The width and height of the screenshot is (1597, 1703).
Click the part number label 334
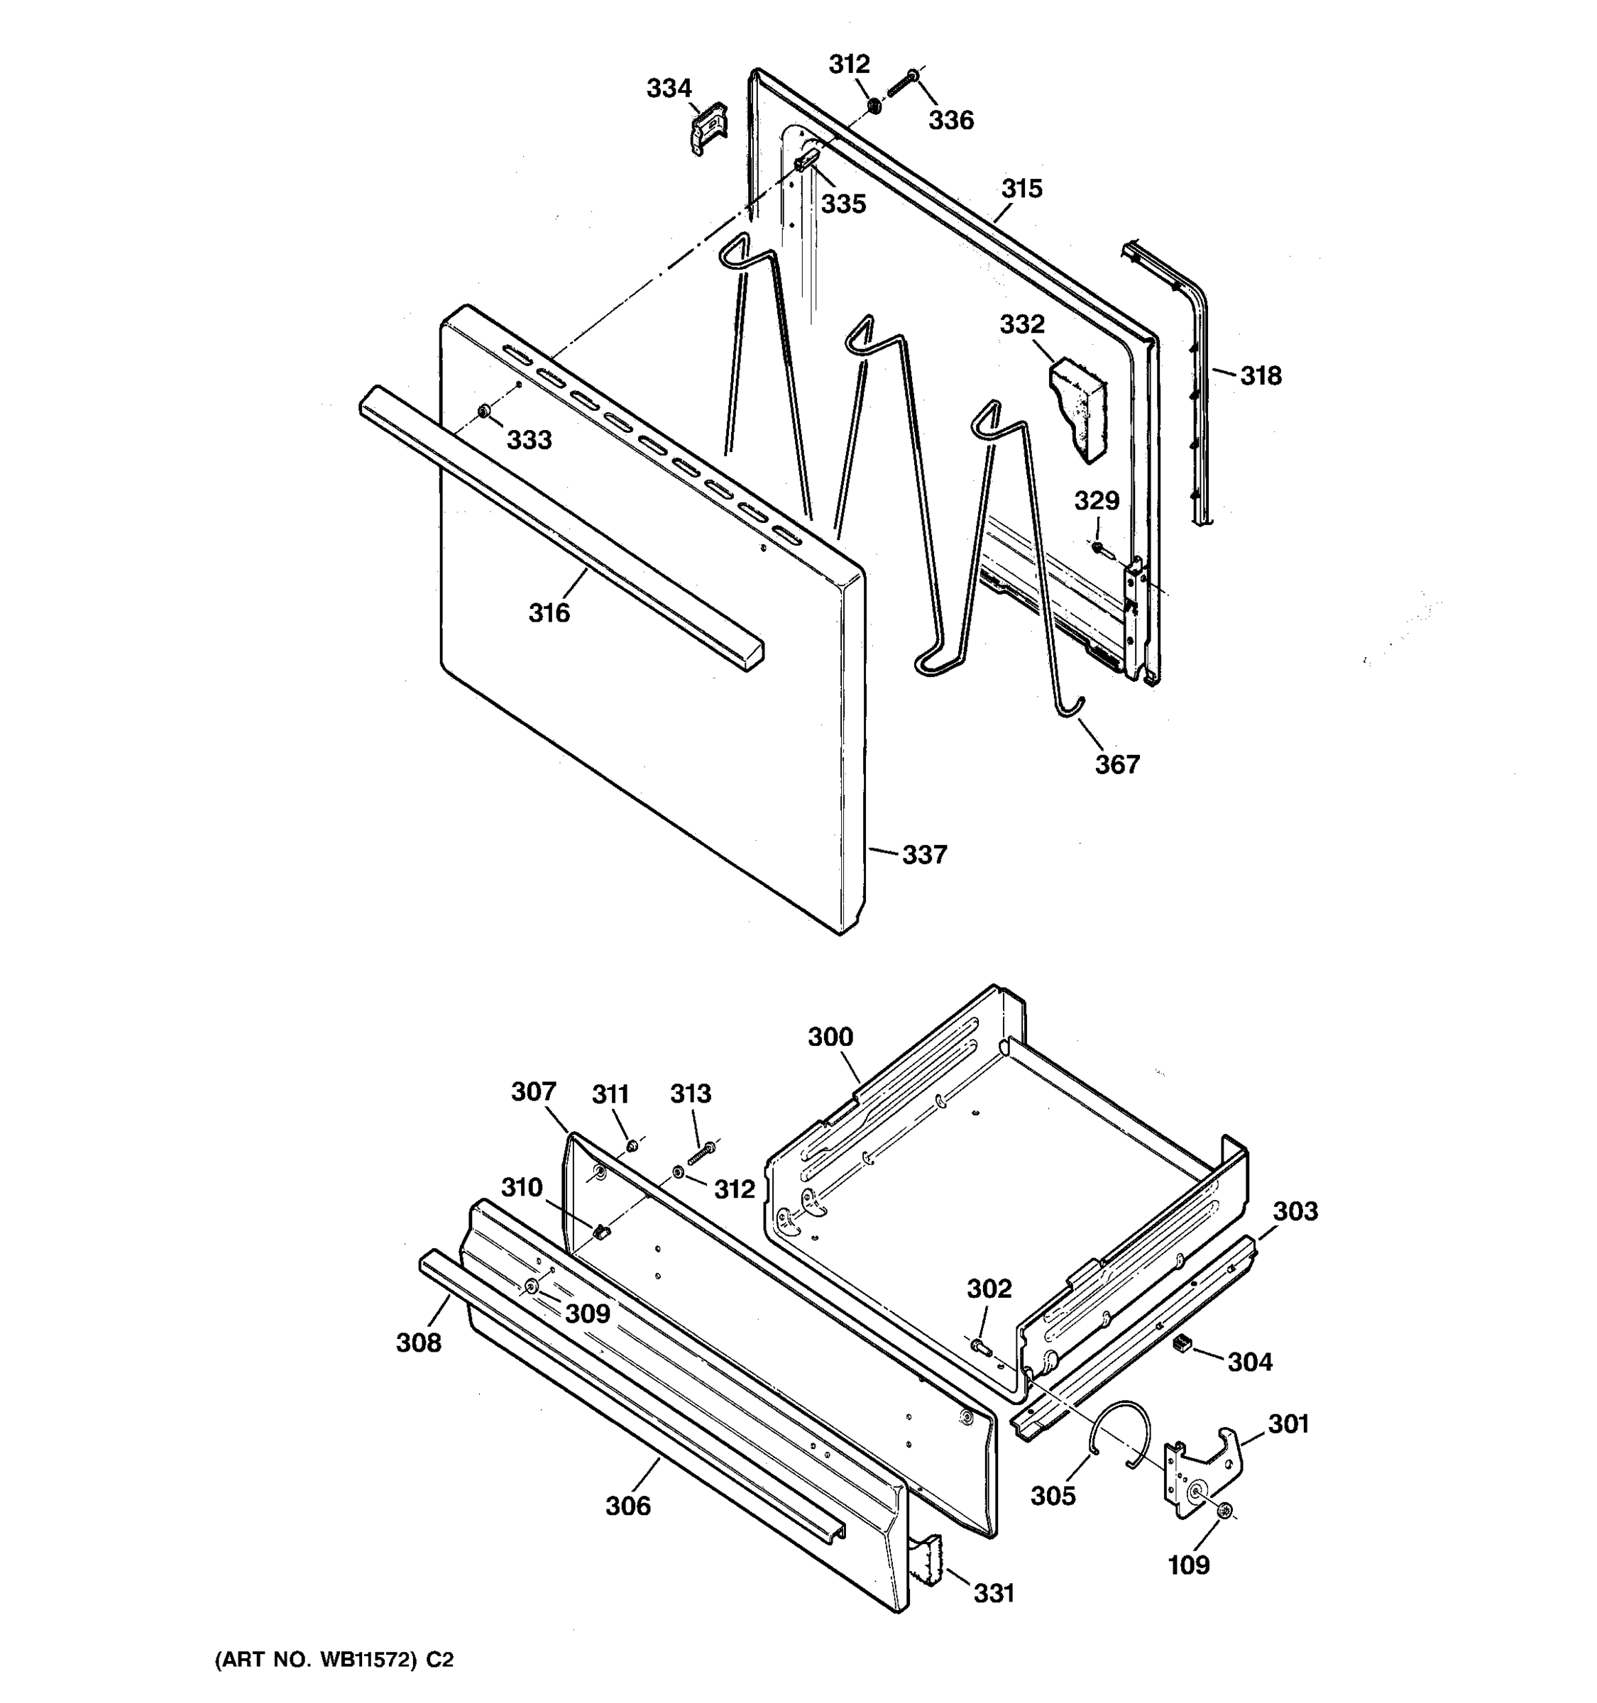coord(669,88)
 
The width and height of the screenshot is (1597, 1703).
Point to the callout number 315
coord(1021,189)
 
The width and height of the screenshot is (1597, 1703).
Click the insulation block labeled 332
coord(1080,407)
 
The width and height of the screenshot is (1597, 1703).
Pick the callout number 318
coord(1261,375)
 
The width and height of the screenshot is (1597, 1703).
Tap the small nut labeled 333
coord(484,412)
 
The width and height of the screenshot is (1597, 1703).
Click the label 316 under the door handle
coord(549,612)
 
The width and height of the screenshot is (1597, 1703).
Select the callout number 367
coord(1117,764)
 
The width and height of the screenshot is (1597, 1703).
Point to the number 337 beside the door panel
coord(924,854)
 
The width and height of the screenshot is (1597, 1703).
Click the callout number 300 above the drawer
coord(830,1037)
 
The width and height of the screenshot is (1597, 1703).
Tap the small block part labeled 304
coord(1182,1344)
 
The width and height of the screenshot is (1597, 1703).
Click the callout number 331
coord(993,1593)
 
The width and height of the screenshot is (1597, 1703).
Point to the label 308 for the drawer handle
coord(418,1343)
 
